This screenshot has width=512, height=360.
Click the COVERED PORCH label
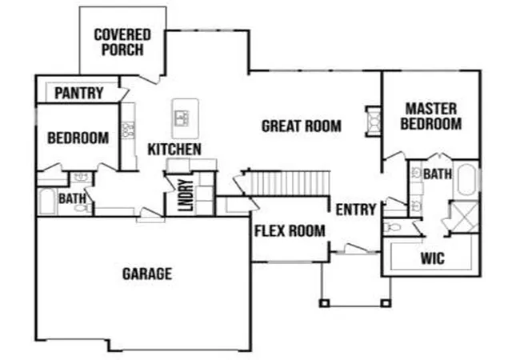click(122, 42)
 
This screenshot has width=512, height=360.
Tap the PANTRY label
click(79, 93)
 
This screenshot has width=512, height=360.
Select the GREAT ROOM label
click(302, 126)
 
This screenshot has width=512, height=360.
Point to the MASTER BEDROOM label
click(431, 116)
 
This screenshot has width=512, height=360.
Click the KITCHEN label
click(174, 150)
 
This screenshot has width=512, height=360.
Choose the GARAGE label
click(147, 274)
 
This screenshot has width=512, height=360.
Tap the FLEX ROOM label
click(290, 231)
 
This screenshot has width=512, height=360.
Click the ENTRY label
click(356, 210)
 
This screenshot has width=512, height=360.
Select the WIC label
click(433, 258)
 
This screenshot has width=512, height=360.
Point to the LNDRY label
click(186, 195)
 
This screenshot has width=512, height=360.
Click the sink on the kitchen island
click(182, 118)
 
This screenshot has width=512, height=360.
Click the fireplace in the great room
click(374, 121)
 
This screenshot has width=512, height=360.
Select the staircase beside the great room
click(287, 183)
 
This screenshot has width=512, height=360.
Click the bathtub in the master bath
click(466, 179)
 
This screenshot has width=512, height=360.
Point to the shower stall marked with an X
click(464, 217)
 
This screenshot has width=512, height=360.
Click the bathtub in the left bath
click(47, 202)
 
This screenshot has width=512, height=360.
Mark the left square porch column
click(324, 303)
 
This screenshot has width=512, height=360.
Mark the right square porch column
click(386, 303)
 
